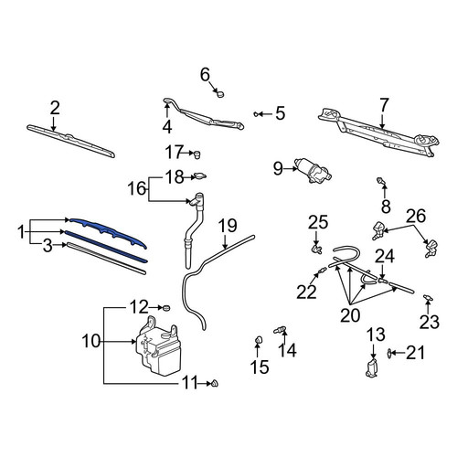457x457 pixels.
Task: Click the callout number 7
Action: [x=384, y=105]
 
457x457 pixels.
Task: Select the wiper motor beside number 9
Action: [x=313, y=171]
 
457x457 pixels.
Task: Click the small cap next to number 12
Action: [x=166, y=308]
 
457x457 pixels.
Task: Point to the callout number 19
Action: [x=228, y=226]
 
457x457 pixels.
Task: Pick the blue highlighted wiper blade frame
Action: [x=107, y=233]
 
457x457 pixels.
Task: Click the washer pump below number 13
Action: [x=372, y=367]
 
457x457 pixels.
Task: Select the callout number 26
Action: [x=417, y=216]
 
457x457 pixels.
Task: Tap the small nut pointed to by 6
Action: [x=220, y=93]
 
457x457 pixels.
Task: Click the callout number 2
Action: [x=55, y=108]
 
